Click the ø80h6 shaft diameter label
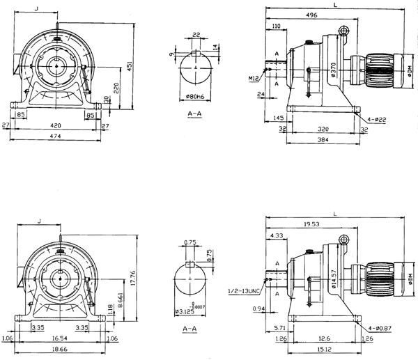point(195,96)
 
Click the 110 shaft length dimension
point(276,26)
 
